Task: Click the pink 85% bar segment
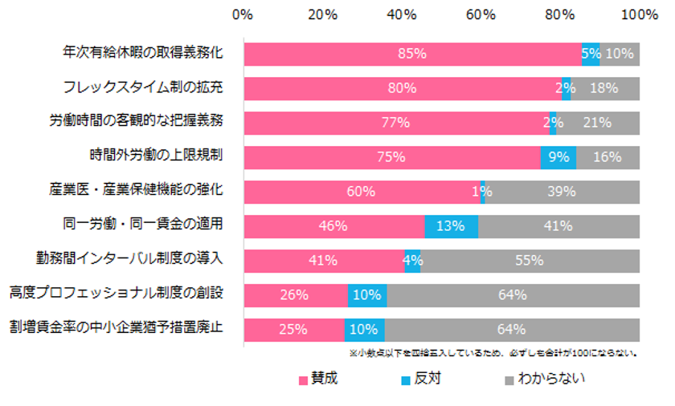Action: (x=411, y=54)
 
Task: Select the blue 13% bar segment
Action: (x=451, y=226)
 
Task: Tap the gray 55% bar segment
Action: (x=530, y=261)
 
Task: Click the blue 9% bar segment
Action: (x=558, y=157)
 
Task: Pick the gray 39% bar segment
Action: (x=562, y=192)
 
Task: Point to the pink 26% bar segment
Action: (x=295, y=295)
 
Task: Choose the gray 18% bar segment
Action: (x=605, y=88)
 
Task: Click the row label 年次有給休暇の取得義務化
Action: (x=142, y=53)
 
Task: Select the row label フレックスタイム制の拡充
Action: (x=142, y=87)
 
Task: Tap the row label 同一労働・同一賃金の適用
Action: (x=142, y=225)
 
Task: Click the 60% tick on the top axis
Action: (x=480, y=14)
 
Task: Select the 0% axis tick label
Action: (x=243, y=14)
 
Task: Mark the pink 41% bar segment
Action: (x=323, y=261)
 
